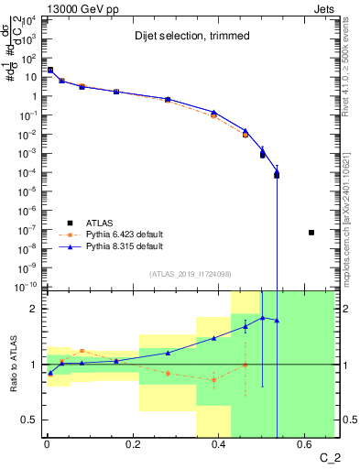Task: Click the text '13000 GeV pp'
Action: point(71,7)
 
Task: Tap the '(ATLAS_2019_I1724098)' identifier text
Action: point(191,274)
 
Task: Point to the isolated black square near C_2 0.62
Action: point(311,233)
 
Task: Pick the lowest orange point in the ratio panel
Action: point(213,379)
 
